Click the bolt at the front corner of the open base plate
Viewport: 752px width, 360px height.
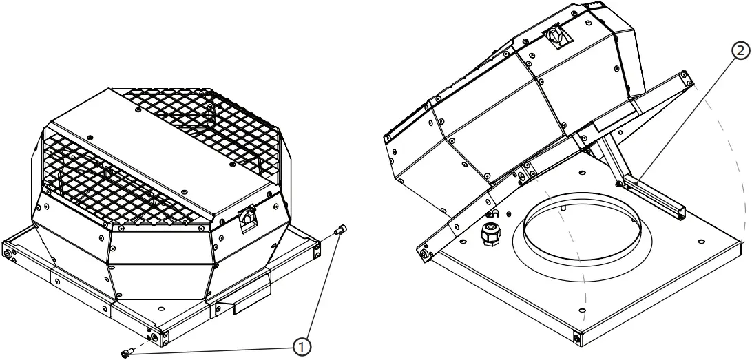coord(576,339)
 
